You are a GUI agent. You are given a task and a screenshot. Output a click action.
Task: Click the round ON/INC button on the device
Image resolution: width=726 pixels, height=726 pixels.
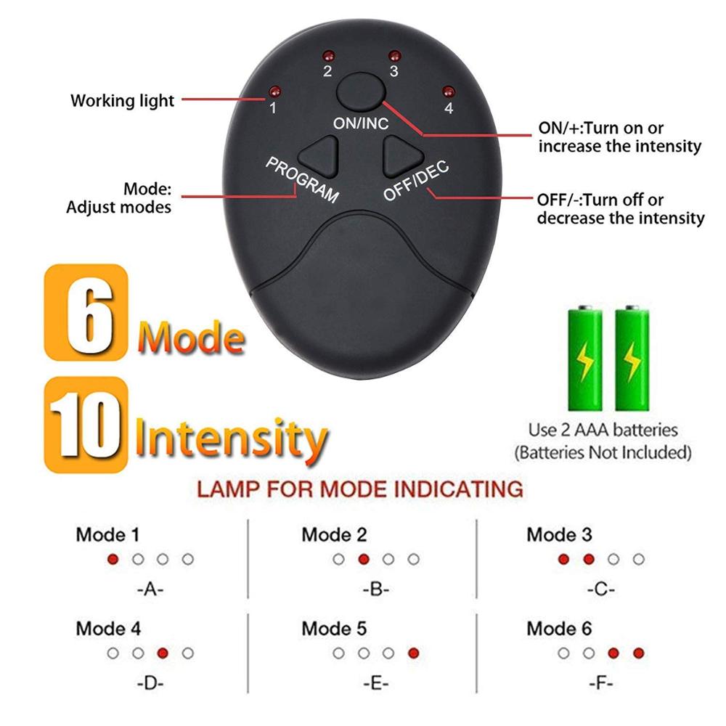(360, 91)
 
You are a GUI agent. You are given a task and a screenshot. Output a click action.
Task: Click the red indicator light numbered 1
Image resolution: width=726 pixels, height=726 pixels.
(274, 91)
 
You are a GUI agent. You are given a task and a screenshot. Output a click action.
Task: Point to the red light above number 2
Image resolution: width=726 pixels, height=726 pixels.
(327, 56)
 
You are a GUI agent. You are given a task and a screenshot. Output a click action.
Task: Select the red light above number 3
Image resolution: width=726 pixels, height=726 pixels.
(393, 56)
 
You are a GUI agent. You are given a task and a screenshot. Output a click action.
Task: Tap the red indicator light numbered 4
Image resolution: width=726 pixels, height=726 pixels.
(447, 91)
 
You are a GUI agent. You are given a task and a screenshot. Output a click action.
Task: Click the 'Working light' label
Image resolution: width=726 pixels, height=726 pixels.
(122, 100)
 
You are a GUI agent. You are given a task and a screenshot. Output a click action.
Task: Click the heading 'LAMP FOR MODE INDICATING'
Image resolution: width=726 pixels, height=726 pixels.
(360, 488)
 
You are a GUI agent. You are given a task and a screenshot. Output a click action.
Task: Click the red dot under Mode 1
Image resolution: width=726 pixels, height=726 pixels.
(113, 560)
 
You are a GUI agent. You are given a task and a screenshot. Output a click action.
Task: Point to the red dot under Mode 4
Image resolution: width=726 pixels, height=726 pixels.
(163, 653)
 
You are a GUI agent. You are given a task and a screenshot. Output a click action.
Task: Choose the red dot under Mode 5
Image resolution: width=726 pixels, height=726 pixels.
(413, 653)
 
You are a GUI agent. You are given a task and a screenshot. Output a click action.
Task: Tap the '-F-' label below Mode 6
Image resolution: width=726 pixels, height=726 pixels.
(600, 682)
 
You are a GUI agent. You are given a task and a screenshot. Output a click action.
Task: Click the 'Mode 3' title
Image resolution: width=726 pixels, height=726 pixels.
(559, 535)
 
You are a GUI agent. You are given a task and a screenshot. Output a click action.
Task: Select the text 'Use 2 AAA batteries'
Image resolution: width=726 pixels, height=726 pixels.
(603, 430)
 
